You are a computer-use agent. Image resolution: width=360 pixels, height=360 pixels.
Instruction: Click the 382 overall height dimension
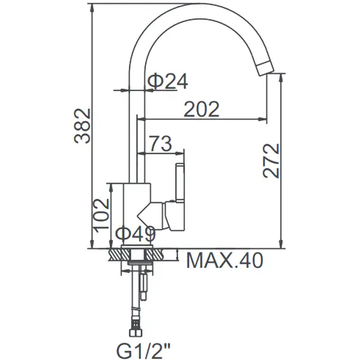(x=83, y=126)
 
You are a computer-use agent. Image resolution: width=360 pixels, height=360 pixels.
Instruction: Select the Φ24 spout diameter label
(x=167, y=80)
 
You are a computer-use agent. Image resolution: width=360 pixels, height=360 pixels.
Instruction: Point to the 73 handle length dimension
(x=160, y=143)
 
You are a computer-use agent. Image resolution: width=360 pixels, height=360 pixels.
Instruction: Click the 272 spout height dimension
(x=271, y=160)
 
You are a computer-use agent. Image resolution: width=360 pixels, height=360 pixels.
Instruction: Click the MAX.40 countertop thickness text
(x=224, y=260)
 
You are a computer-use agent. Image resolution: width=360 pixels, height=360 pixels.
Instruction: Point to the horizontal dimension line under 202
(x=202, y=119)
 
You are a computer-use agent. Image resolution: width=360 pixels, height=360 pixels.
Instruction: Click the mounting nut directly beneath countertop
(x=135, y=261)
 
